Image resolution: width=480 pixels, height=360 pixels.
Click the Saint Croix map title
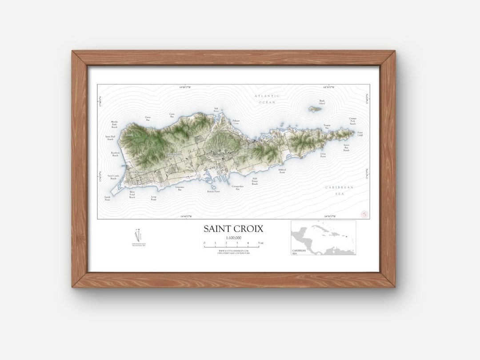(233, 229)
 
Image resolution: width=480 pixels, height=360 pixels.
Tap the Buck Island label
(322, 102)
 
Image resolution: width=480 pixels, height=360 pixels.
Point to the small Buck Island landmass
(315, 109)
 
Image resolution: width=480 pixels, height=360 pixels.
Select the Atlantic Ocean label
(267, 99)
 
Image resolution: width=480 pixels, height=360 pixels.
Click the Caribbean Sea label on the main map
(339, 191)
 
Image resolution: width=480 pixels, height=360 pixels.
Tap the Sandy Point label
(107, 199)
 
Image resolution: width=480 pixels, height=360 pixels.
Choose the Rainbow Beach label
(115, 154)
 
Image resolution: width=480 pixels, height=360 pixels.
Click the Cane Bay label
(172, 115)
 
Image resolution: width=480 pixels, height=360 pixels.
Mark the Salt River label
(216, 109)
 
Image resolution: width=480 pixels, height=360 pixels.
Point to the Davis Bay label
(148, 119)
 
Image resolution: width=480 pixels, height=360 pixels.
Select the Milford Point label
(282, 171)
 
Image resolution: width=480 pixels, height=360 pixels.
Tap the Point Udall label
(360, 133)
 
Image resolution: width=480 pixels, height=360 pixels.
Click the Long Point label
(153, 198)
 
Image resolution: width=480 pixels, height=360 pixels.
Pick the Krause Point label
(213, 192)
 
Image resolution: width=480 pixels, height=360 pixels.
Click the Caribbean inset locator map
(323, 238)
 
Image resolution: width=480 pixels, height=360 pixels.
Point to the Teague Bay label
(327, 127)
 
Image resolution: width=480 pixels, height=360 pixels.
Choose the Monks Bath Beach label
(114, 124)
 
